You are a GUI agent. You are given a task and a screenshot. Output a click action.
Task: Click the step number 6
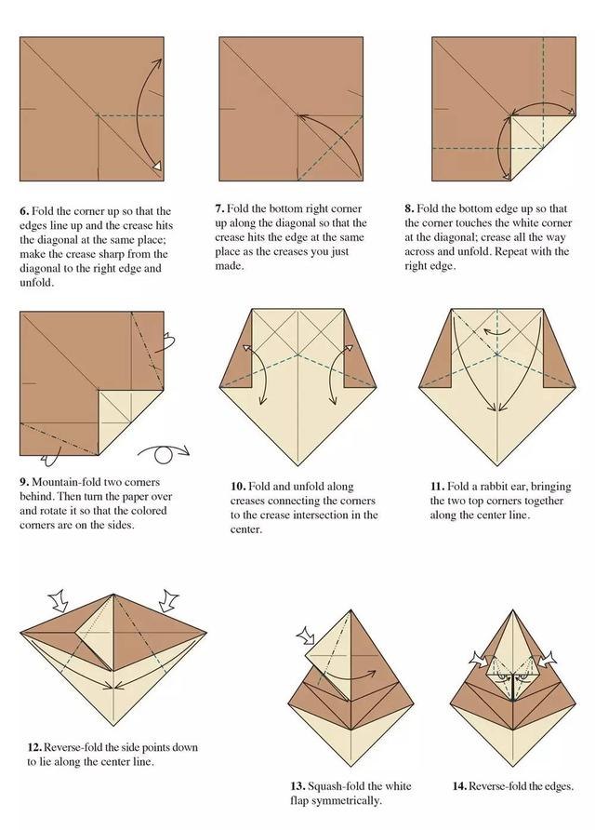pyautogui.click(x=24, y=211)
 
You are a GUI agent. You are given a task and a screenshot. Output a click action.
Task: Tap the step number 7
pyautogui.click(x=219, y=208)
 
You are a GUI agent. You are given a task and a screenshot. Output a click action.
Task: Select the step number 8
pyautogui.click(x=409, y=208)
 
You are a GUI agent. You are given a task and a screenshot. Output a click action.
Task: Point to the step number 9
pyautogui.click(x=24, y=482)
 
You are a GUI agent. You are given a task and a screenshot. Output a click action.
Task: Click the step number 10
pyautogui.click(x=238, y=487)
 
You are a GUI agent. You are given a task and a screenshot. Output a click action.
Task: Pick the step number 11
pyautogui.click(x=437, y=487)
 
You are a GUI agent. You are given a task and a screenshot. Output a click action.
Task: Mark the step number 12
pyautogui.click(x=34, y=747)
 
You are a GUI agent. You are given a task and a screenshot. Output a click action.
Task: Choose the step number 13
pyautogui.click(x=297, y=786)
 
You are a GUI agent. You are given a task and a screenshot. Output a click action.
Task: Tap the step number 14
pyautogui.click(x=459, y=786)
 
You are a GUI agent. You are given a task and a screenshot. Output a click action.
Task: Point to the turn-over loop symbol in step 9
pyautogui.click(x=164, y=453)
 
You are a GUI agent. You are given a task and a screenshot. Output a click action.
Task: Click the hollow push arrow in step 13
pyautogui.click(x=307, y=635)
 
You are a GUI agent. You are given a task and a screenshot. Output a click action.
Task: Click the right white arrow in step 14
pyautogui.click(x=547, y=659)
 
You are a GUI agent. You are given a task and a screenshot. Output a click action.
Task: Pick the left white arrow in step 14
pyautogui.click(x=479, y=659)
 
